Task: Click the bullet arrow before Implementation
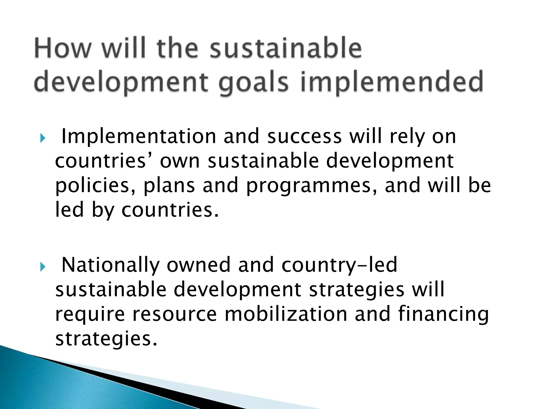[43, 138]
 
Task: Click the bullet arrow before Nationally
[43, 267]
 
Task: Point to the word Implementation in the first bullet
[139, 137]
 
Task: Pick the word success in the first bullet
[304, 137]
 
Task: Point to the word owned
[199, 265]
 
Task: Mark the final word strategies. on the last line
[106, 339]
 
